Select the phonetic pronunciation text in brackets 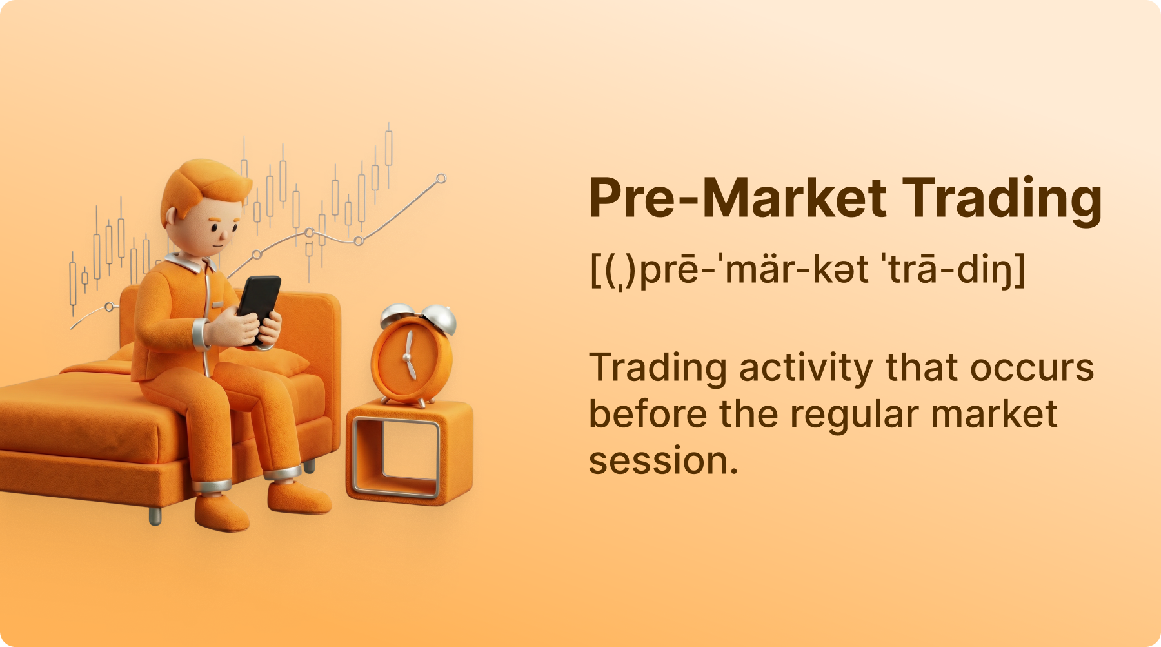[808, 269]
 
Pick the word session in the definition [663, 461]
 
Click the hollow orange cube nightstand [410, 451]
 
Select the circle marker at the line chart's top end [441, 179]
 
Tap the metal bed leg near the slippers [155, 515]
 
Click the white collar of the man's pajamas [191, 262]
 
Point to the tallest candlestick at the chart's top [388, 149]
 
